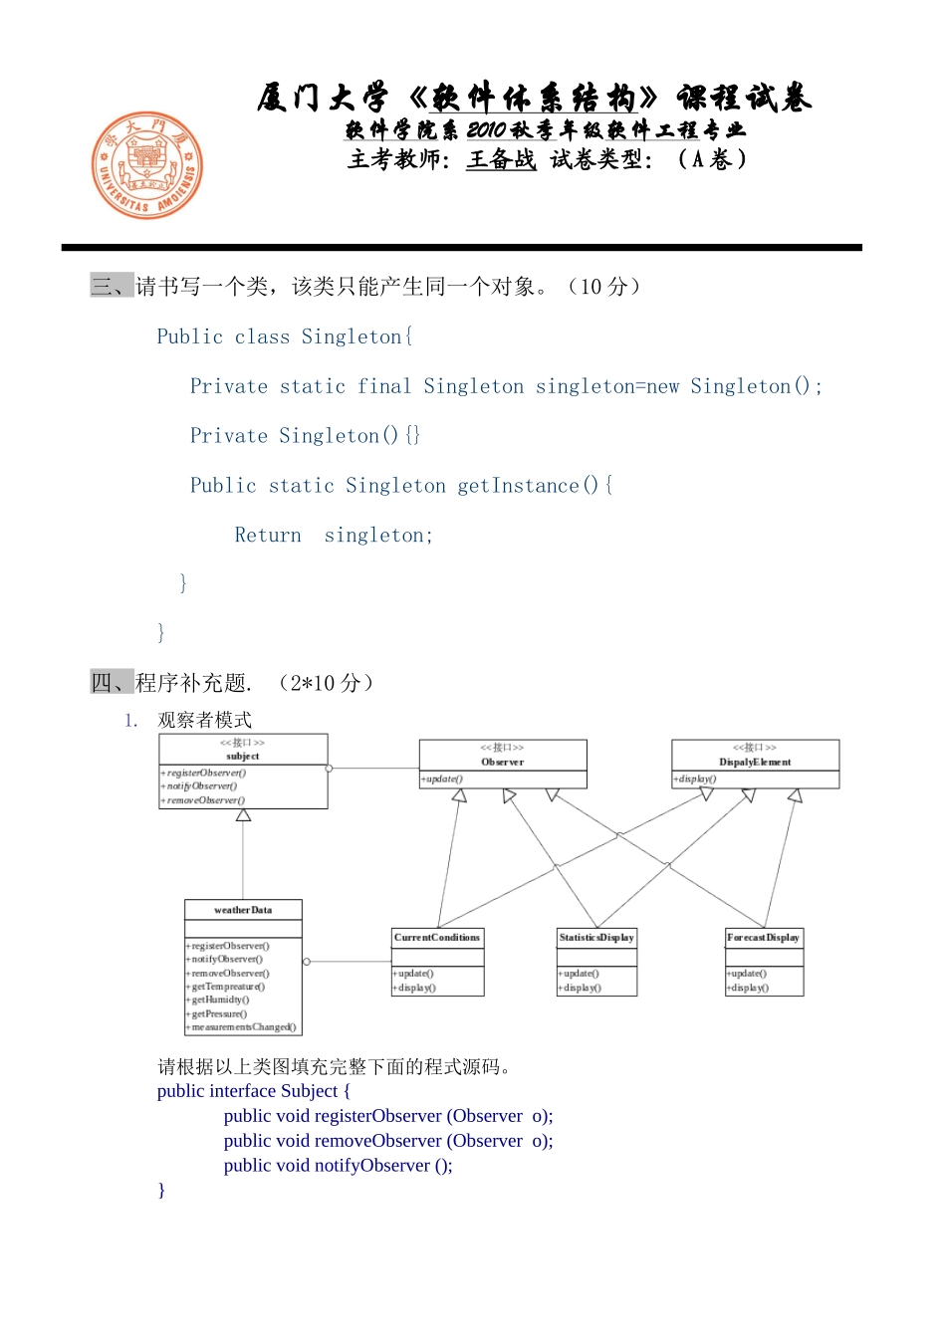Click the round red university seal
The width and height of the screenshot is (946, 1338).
coord(147,165)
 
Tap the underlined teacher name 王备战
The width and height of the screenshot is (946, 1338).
coord(501,159)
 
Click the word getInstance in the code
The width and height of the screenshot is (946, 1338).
coord(518,486)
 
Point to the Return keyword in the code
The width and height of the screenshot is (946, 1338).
coord(268,536)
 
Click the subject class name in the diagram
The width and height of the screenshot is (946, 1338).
coord(243,757)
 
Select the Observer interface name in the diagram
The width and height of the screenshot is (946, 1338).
coord(503,763)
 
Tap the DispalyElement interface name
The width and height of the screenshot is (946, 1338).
coord(755,763)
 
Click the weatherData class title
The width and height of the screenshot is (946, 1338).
coord(243,910)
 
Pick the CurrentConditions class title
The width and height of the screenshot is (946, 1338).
coord(437,938)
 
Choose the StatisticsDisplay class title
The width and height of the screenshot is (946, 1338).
coord(596,938)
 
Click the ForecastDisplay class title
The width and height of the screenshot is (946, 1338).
coord(763,938)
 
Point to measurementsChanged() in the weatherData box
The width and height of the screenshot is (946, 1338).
coord(243,1027)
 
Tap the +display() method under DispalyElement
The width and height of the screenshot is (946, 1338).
coord(696,780)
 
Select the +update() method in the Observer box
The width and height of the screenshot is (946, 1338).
coord(443,780)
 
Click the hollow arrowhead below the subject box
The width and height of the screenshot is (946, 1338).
coord(243,815)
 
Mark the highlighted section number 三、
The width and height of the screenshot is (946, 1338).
coord(111,287)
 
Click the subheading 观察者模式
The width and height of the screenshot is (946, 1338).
coord(204,720)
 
